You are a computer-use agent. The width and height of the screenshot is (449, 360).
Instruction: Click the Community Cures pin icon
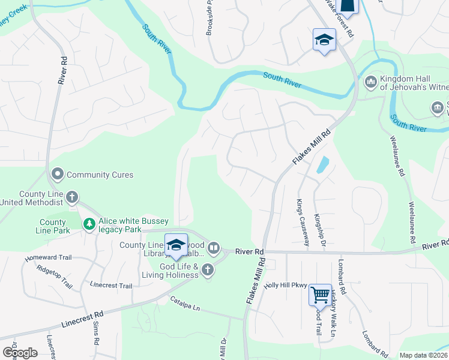[x=58, y=175]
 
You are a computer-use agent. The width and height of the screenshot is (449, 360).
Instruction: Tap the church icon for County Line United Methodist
[x=71, y=197]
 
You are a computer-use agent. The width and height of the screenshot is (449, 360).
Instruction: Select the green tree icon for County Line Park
[x=89, y=224]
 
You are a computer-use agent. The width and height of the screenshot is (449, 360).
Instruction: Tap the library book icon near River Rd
[x=214, y=247]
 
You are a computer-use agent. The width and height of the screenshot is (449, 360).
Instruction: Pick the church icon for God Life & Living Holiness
[x=208, y=269]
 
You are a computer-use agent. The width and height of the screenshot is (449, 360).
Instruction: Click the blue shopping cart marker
[x=320, y=295]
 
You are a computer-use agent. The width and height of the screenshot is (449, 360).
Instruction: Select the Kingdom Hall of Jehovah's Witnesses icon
[x=370, y=81]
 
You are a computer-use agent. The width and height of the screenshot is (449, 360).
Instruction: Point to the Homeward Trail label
[x=48, y=257]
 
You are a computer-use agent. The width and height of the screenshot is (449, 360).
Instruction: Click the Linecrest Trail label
[x=110, y=286]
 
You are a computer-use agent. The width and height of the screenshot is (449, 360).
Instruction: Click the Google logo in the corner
[x=20, y=353]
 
